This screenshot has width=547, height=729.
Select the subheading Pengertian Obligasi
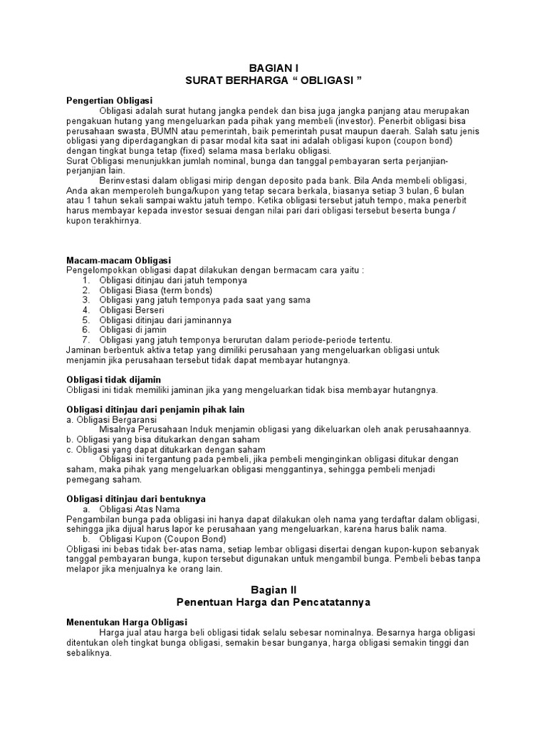(x=110, y=100)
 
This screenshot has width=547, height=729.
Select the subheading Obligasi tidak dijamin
(x=113, y=379)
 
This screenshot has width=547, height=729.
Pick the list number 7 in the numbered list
(x=85, y=340)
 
